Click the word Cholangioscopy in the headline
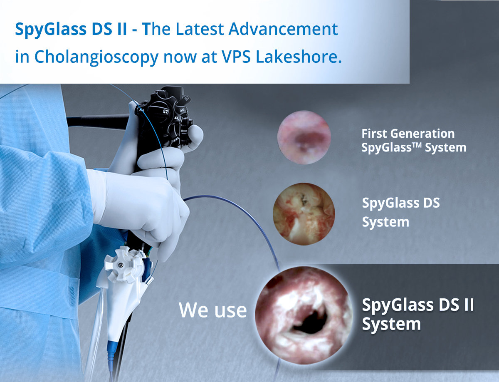[96, 57]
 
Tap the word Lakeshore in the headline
[299, 57]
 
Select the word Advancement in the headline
[283, 29]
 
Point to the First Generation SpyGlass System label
[414, 140]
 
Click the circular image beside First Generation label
[304, 137]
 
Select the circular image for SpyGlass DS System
[304, 214]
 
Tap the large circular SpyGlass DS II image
[304, 315]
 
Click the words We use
[212, 310]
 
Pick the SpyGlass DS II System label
[418, 314]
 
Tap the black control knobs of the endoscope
[165, 116]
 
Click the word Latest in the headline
[200, 29]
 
